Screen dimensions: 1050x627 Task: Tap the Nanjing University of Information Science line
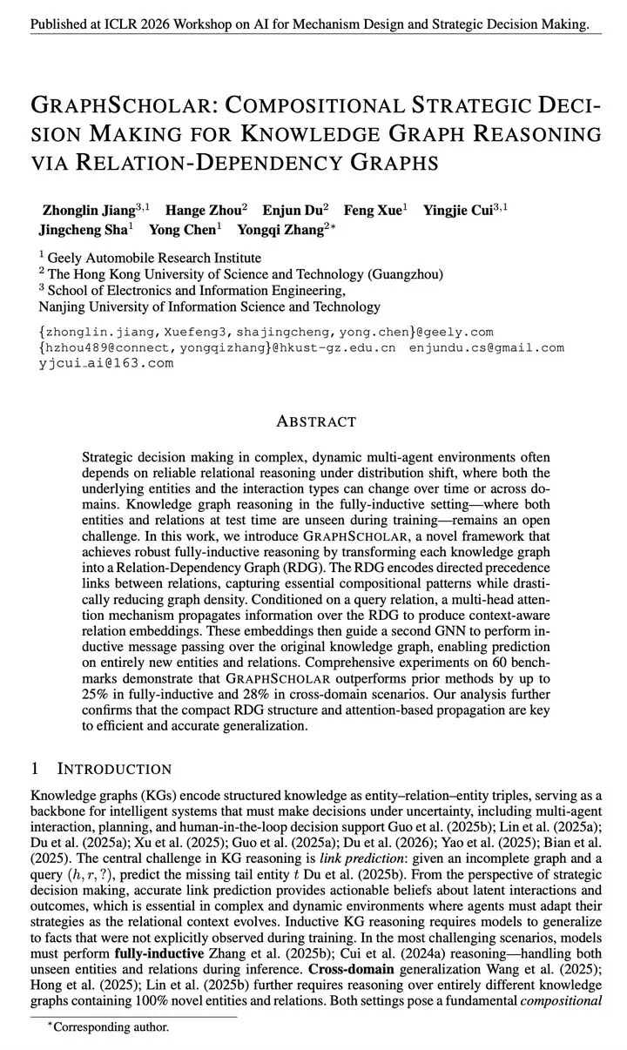(x=210, y=306)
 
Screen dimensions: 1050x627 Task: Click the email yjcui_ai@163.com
(x=105, y=363)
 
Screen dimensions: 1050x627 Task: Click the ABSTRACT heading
(x=315, y=421)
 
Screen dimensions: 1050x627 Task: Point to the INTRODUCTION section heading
(x=114, y=769)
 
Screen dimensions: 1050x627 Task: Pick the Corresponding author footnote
(x=111, y=1027)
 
